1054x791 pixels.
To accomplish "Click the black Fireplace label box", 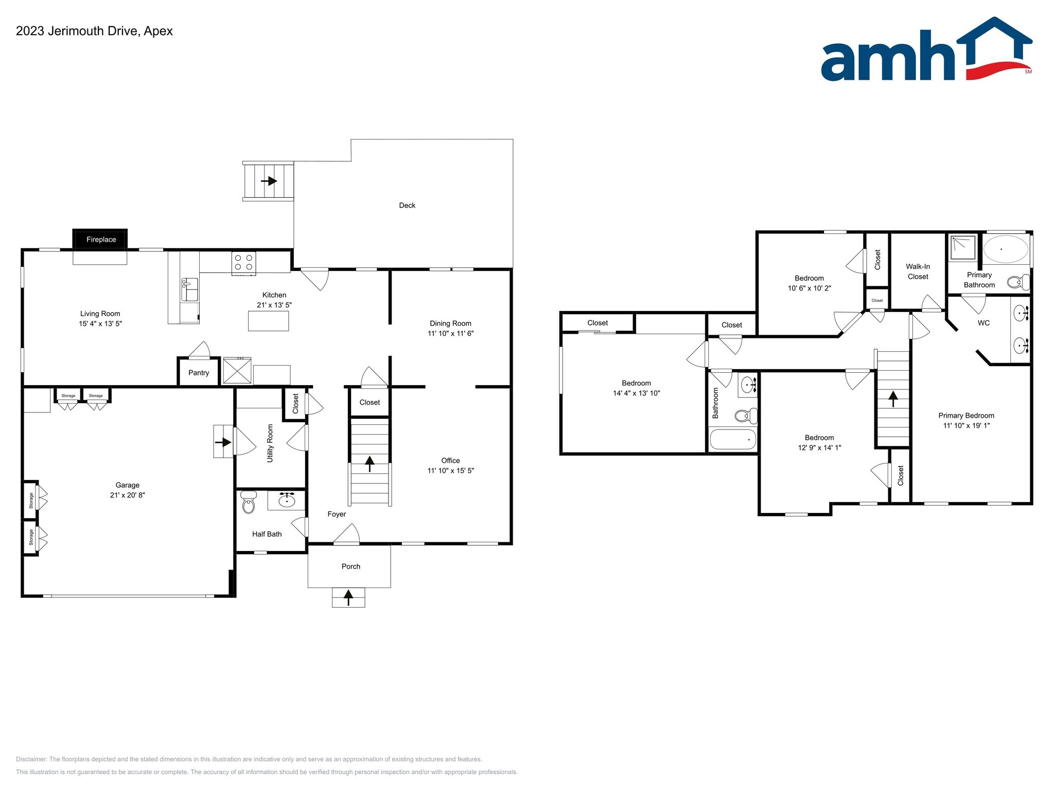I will (x=100, y=239).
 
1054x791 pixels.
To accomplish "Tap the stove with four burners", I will (x=243, y=262).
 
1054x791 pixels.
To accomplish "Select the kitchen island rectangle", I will (x=268, y=321).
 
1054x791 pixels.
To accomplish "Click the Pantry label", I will (x=199, y=373).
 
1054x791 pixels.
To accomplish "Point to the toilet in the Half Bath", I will (x=248, y=503).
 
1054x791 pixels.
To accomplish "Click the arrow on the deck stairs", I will (x=269, y=181).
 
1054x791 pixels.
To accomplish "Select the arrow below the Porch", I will (x=348, y=597).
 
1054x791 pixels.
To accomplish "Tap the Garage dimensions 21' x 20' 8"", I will (x=127, y=495).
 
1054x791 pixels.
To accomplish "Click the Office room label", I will (x=450, y=460).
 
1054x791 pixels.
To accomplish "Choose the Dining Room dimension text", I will (x=450, y=333).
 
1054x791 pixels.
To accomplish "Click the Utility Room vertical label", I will (x=270, y=443).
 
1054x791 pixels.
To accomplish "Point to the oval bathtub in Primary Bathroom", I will (x=1006, y=249).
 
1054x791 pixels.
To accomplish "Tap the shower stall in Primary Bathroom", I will (x=963, y=248).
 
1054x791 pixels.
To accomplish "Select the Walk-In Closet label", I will (x=918, y=271).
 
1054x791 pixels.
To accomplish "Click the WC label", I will (x=983, y=323).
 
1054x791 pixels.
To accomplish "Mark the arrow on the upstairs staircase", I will (x=893, y=399).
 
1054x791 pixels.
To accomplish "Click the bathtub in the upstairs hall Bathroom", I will (x=733, y=439).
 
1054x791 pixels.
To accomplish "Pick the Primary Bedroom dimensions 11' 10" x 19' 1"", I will (x=966, y=425).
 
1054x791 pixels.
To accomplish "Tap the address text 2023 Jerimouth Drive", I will (x=77, y=31).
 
